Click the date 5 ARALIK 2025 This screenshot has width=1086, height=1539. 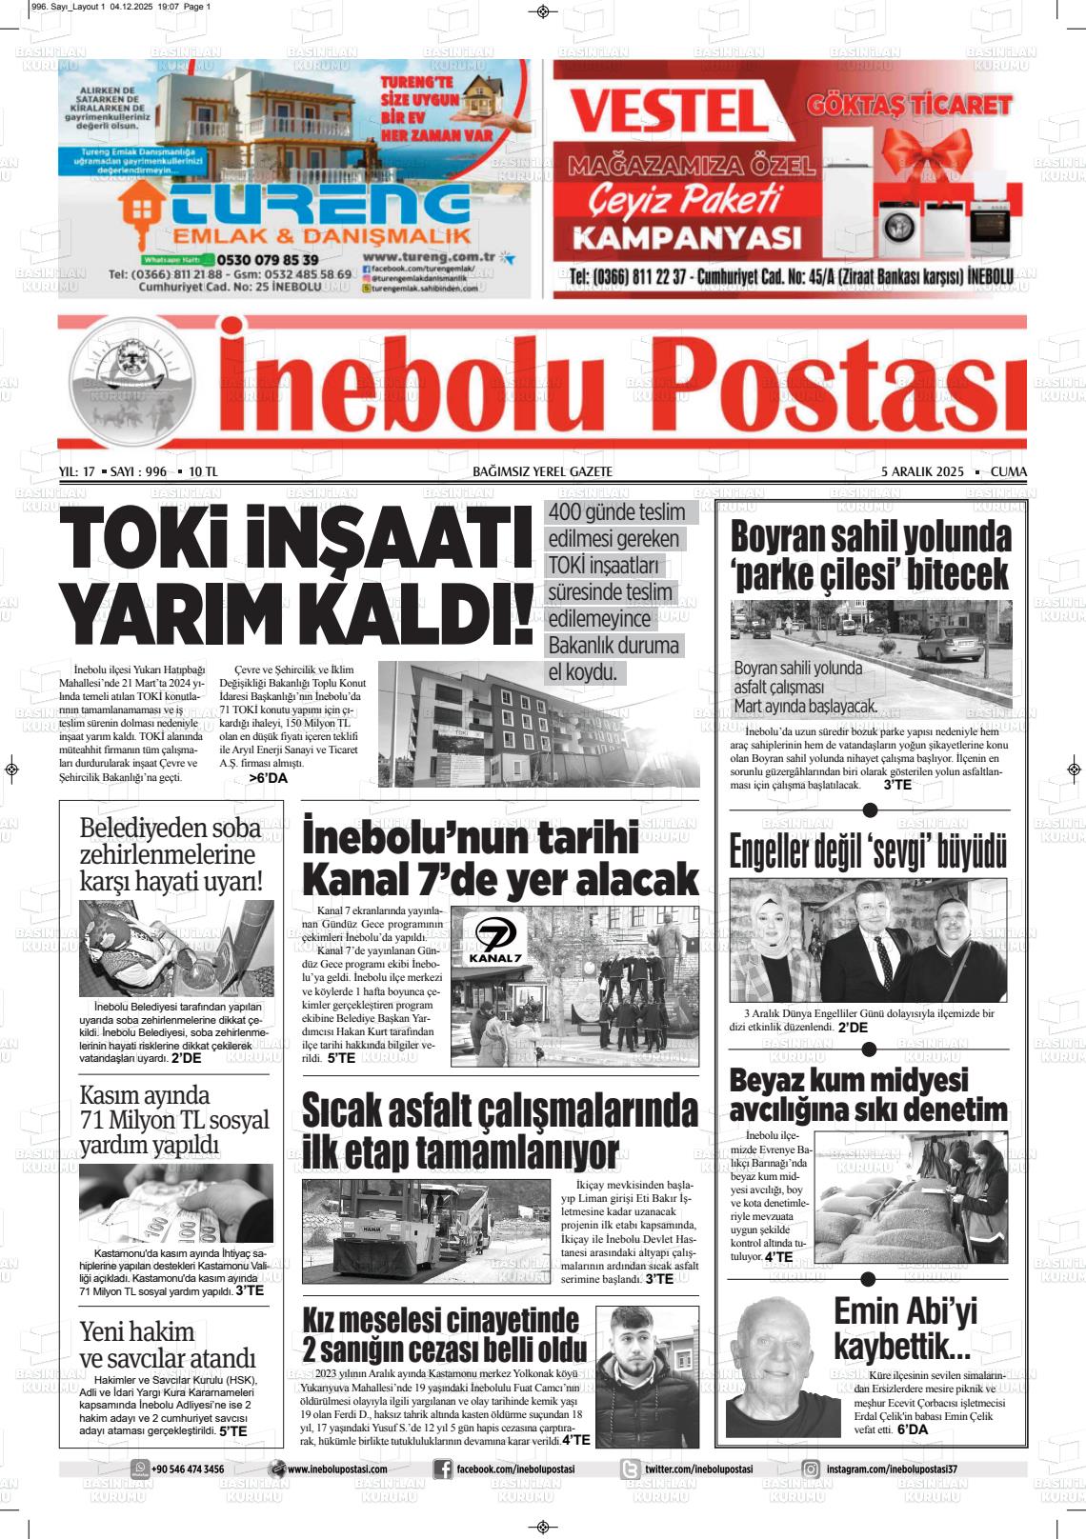tap(922, 472)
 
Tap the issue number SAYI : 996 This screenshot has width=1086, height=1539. tap(138, 472)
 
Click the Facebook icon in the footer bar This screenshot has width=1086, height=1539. tap(442, 1469)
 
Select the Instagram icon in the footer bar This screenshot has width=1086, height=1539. tap(811, 1469)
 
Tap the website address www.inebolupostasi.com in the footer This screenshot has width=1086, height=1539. tap(336, 1469)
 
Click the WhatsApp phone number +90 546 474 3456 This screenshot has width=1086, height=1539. tap(188, 1469)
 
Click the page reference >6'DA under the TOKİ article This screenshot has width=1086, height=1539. tap(268, 778)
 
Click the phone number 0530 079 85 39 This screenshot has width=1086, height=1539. tap(268, 259)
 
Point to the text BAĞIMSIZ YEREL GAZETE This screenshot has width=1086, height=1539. tap(542, 472)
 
